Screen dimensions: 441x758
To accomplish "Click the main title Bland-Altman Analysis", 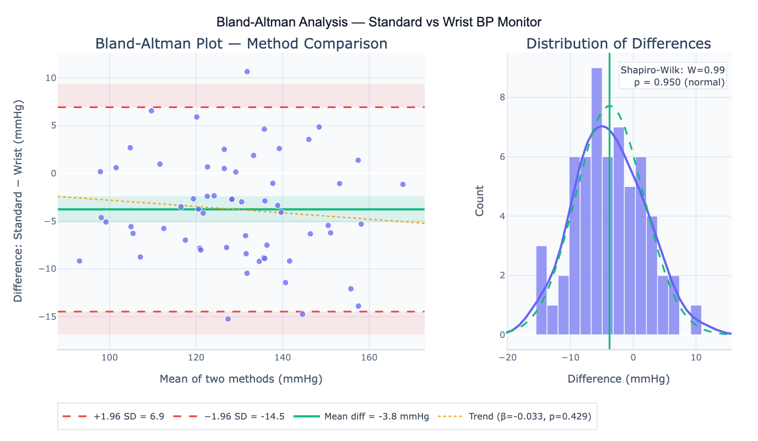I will tap(379, 22).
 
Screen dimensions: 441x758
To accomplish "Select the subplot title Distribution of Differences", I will tap(619, 44).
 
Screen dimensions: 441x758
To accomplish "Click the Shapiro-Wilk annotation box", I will tap(673, 76).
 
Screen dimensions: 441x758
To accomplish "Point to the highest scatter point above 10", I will tap(247, 72).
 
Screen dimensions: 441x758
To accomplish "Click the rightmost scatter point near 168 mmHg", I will tap(403, 184).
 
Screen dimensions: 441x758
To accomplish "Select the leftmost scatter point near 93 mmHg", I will tap(79, 261).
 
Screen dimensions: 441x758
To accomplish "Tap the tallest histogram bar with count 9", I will tap(597, 201).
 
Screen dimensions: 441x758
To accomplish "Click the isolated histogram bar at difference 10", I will tap(696, 320).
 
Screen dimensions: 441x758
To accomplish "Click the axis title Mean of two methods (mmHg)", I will tap(241, 379).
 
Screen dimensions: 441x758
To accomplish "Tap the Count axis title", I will tap(480, 201).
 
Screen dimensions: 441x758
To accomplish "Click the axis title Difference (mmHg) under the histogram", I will tap(619, 379).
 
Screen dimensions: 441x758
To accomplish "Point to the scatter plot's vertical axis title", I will tap(18, 201).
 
